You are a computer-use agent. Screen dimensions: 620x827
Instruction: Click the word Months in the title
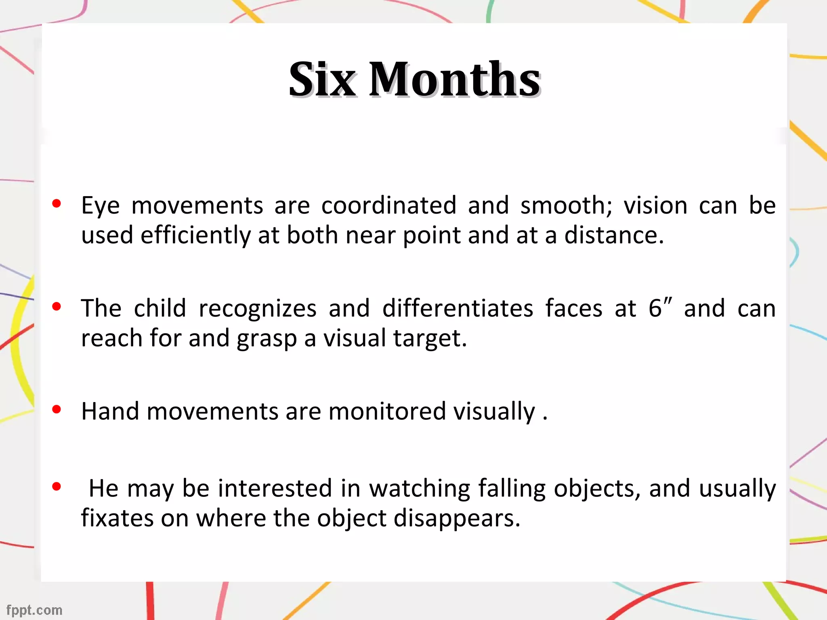click(455, 80)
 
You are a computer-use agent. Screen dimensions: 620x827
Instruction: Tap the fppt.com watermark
click(34, 610)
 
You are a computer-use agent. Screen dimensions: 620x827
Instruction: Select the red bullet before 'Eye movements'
click(57, 203)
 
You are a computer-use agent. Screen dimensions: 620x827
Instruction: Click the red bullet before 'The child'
click(57, 306)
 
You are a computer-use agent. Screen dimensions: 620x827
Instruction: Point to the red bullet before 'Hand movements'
click(57, 409)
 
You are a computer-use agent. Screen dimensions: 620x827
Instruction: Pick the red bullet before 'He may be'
click(57, 486)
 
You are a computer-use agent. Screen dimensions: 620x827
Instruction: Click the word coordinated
click(389, 205)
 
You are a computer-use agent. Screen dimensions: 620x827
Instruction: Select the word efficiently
click(195, 236)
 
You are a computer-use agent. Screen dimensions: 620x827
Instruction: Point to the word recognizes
click(258, 309)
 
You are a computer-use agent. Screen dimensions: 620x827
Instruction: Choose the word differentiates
click(458, 309)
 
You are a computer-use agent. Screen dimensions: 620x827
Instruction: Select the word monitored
click(387, 412)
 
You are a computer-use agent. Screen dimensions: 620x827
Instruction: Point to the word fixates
click(118, 518)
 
